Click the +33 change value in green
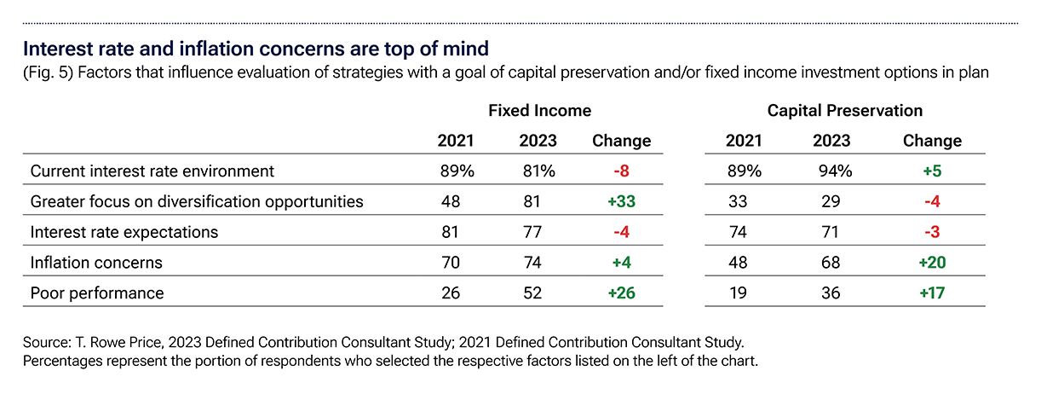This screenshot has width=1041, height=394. pyautogui.click(x=621, y=202)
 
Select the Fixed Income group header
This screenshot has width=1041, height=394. pyautogui.click(x=539, y=110)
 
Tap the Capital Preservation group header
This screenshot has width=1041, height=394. pyautogui.click(x=844, y=110)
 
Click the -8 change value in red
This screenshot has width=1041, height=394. pyautogui.click(x=621, y=171)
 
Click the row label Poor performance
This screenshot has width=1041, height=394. pyautogui.click(x=96, y=293)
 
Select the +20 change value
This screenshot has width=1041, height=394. pyautogui.click(x=932, y=263)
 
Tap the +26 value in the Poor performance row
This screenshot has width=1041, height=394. pyautogui.click(x=621, y=293)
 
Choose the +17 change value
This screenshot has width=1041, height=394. pyautogui.click(x=932, y=293)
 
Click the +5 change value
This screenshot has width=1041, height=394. pyautogui.click(x=932, y=171)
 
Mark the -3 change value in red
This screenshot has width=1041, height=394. pyautogui.click(x=932, y=232)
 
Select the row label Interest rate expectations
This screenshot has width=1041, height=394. pyautogui.click(x=124, y=232)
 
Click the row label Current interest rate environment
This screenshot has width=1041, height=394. pyautogui.click(x=152, y=171)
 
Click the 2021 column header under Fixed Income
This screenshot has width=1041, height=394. pyautogui.click(x=455, y=141)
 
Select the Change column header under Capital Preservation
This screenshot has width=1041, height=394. pyautogui.click(x=932, y=141)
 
